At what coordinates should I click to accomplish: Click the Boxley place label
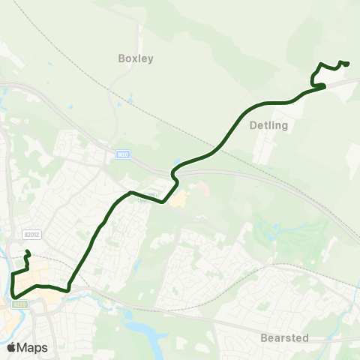(x=136, y=58)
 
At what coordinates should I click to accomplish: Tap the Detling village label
(x=268, y=126)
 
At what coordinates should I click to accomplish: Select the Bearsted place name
(x=284, y=338)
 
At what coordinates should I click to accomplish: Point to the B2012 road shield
(x=30, y=234)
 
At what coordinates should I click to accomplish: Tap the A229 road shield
(x=20, y=304)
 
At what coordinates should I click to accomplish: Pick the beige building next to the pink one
(x=179, y=199)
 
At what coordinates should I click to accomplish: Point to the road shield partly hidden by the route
(x=148, y=196)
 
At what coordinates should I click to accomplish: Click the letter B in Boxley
(x=121, y=58)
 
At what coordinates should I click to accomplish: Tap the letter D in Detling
(x=251, y=126)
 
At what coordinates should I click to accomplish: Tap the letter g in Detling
(x=284, y=127)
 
